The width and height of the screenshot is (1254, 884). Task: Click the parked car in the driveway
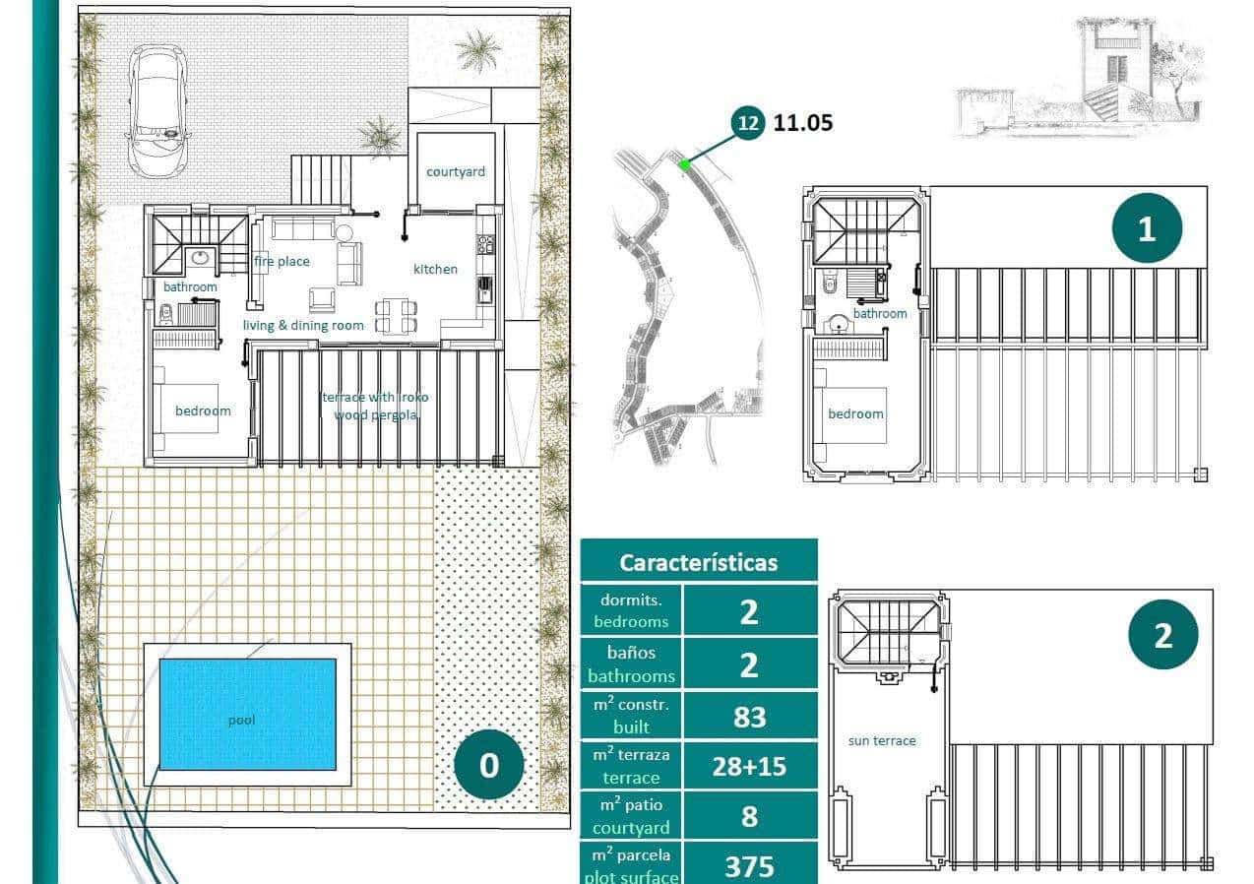(158, 112)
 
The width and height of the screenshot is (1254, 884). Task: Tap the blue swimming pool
(247, 714)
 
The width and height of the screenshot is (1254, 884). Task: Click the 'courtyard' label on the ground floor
(455, 171)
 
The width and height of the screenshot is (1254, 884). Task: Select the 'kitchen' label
(435, 269)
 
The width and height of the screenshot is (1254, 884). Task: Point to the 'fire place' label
(282, 261)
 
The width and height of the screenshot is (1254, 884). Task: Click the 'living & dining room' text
(303, 325)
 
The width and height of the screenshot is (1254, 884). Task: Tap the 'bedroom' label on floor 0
(203, 410)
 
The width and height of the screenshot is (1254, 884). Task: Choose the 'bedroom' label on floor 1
(855, 413)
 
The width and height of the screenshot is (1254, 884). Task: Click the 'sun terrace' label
(882, 740)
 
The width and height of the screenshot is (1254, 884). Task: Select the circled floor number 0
(489, 765)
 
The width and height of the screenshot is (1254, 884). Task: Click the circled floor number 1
(1147, 228)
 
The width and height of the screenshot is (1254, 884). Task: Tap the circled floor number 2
(1162, 635)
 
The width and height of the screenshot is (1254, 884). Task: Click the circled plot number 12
(748, 123)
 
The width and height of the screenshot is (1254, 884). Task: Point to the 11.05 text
(803, 123)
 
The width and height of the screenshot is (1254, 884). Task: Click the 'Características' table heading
(698, 562)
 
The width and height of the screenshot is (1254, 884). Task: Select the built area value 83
(749, 717)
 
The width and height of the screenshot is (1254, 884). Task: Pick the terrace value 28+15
(749, 766)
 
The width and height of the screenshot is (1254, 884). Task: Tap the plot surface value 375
(749, 865)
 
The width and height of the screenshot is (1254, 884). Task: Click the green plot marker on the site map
(684, 164)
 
